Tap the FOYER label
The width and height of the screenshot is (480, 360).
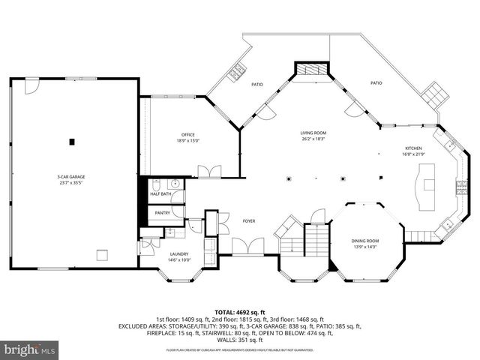click(249, 220)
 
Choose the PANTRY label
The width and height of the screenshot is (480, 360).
click(163, 213)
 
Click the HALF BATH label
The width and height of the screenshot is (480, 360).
click(161, 193)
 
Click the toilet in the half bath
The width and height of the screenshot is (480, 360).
click(155, 183)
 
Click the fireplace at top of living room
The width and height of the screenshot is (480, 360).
click(310, 69)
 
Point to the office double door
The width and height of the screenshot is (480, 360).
click(214, 171)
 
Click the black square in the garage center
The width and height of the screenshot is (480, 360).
click(73, 140)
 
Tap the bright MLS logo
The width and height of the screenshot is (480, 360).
click(30, 349)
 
